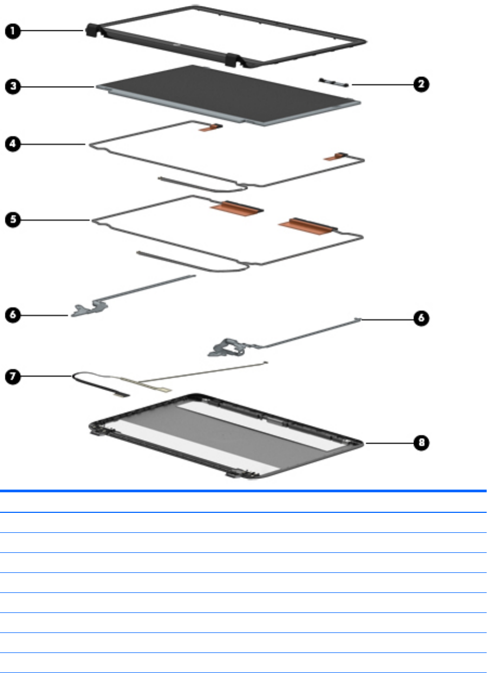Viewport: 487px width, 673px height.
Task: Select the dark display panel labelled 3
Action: coord(227,95)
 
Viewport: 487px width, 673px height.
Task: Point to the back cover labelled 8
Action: coord(227,433)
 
